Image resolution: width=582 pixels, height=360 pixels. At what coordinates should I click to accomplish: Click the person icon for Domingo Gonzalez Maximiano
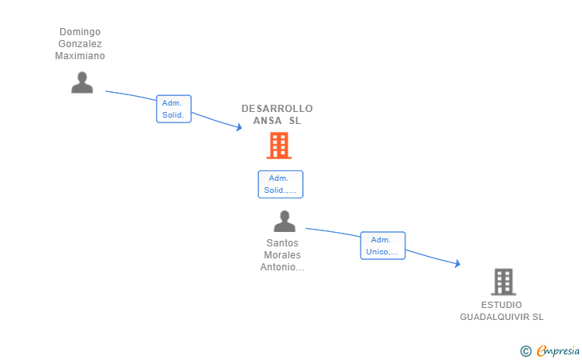82,82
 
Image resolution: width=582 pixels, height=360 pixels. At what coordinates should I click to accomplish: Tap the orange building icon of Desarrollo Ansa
278,146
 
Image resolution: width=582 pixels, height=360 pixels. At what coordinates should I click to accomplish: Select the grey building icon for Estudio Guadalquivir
503,282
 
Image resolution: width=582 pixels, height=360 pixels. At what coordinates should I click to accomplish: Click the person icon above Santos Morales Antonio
284,222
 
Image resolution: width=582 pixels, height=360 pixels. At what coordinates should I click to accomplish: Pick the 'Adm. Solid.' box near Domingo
173,109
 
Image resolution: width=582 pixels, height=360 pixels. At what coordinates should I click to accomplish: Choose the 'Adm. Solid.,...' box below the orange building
280,184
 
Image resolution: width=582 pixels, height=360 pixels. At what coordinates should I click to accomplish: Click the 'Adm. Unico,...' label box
382,246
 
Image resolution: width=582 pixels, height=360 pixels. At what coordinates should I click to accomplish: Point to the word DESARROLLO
277,109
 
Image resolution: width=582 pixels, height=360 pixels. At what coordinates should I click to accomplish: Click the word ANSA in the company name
268,121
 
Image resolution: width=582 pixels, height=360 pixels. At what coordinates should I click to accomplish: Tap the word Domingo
80,32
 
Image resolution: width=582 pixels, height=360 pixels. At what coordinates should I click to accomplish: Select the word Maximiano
80,56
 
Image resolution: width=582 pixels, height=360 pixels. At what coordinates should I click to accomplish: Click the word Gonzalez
80,44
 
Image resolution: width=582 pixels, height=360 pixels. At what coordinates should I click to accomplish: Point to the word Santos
282,243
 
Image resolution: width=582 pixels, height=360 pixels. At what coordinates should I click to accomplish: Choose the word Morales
282,255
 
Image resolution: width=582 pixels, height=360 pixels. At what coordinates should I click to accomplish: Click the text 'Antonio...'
282,267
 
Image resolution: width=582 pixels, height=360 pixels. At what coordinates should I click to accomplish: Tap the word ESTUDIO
501,305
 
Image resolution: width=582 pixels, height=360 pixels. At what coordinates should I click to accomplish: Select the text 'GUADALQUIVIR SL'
501,317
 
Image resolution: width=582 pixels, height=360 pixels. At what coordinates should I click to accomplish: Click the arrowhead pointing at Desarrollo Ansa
238,127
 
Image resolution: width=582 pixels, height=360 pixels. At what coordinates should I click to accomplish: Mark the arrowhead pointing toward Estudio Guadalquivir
457,263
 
